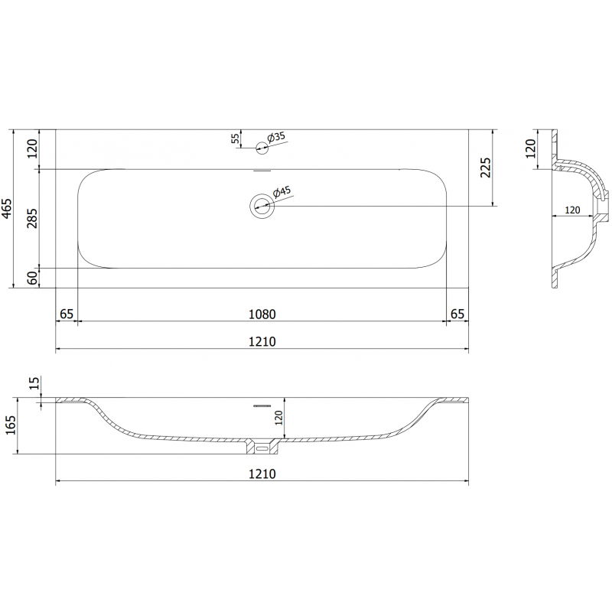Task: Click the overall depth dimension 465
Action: tap(7, 208)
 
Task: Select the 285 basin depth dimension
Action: tap(31, 218)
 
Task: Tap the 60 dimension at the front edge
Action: tap(31, 278)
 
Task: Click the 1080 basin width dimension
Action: tap(262, 314)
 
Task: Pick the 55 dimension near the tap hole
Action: tap(235, 138)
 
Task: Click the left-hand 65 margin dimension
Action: tap(67, 314)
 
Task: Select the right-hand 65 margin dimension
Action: tap(457, 314)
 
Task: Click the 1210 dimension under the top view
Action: tap(262, 342)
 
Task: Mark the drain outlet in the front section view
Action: tap(262, 444)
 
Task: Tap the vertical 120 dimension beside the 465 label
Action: tap(31, 148)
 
